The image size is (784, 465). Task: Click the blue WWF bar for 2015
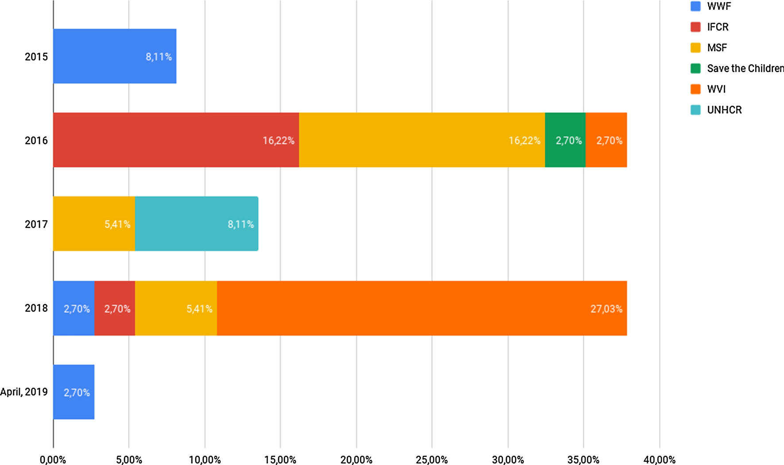click(x=115, y=56)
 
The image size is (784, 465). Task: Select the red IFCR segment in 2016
click(x=176, y=140)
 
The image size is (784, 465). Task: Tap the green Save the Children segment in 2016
click(x=565, y=140)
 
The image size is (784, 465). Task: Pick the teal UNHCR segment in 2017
click(x=197, y=224)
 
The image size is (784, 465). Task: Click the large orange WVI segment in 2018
click(x=422, y=308)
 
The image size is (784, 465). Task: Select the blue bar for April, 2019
click(x=74, y=392)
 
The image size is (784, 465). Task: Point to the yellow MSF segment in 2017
click(x=94, y=224)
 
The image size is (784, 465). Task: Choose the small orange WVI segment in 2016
click(x=606, y=140)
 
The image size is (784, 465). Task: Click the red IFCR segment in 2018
click(x=115, y=308)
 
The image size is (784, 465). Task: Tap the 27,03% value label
click(x=606, y=309)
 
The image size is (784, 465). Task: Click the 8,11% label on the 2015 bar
click(x=159, y=57)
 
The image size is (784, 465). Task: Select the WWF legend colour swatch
click(x=696, y=6)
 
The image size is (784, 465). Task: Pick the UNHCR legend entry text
click(x=724, y=110)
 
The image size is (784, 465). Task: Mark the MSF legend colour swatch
click(x=696, y=48)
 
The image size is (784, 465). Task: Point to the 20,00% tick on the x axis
click(x=356, y=460)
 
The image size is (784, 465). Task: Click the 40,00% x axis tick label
click(x=659, y=460)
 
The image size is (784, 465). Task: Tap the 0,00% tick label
click(x=53, y=460)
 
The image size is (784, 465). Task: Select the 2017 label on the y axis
click(x=36, y=224)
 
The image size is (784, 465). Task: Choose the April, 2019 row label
click(x=24, y=392)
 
